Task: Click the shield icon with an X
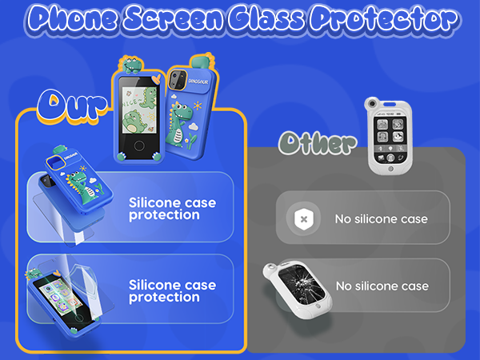pyautogui.click(x=302, y=218)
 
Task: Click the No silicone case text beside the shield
pyautogui.click(x=382, y=218)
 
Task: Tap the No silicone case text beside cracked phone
pyautogui.click(x=382, y=286)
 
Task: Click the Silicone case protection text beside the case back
pyautogui.click(x=172, y=208)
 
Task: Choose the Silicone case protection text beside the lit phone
pyautogui.click(x=172, y=291)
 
